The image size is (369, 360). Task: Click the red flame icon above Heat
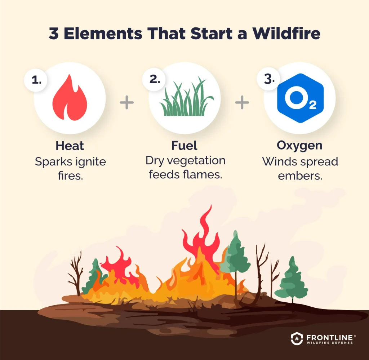click(70, 98)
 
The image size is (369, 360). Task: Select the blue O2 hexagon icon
click(300, 98)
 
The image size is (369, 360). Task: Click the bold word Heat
click(70, 146)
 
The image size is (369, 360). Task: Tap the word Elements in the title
click(98, 34)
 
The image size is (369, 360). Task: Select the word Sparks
click(53, 162)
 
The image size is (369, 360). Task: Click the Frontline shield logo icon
click(296, 338)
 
